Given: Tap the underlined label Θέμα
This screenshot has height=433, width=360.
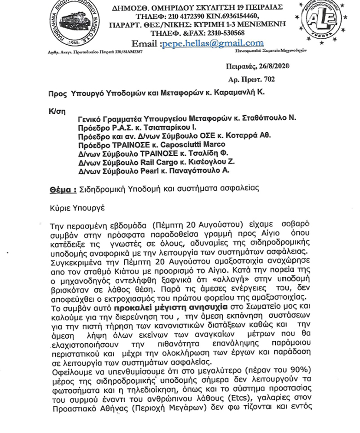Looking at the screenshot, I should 63,189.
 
